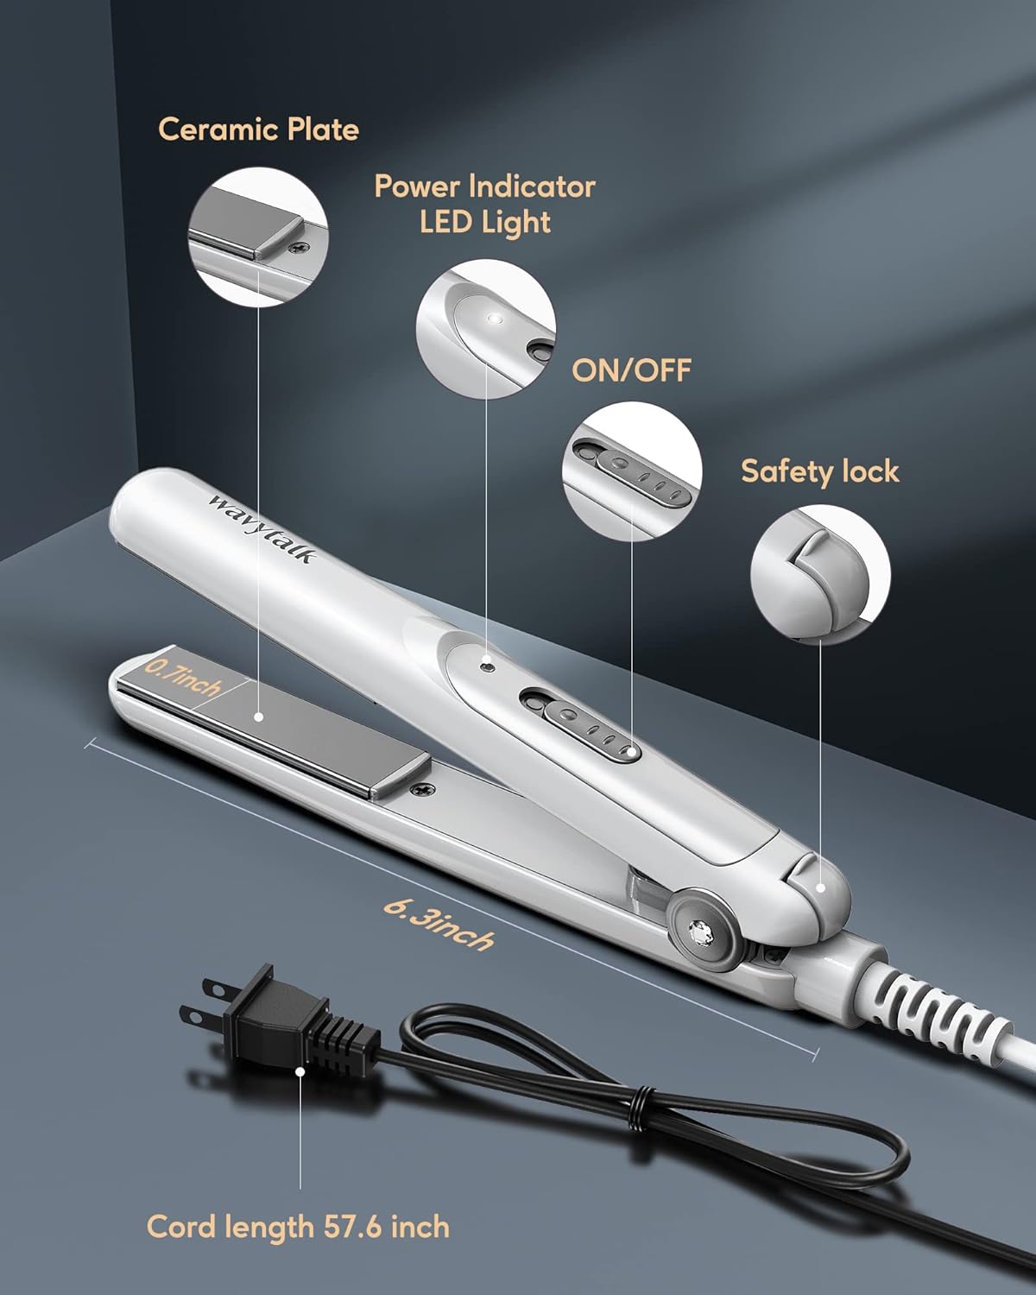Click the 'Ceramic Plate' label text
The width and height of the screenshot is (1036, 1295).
coord(258,130)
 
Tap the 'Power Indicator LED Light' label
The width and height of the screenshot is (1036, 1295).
coord(484,204)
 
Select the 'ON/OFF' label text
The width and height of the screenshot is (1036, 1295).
coord(631,370)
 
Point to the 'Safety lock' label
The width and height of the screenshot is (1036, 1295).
coord(820,471)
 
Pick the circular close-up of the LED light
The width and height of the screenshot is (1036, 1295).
coord(486,329)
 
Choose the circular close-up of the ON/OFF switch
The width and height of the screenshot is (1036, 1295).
coord(632,471)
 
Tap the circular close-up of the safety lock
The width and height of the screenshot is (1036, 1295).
coord(820,575)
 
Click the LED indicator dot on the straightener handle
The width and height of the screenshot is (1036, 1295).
coord(490,666)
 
